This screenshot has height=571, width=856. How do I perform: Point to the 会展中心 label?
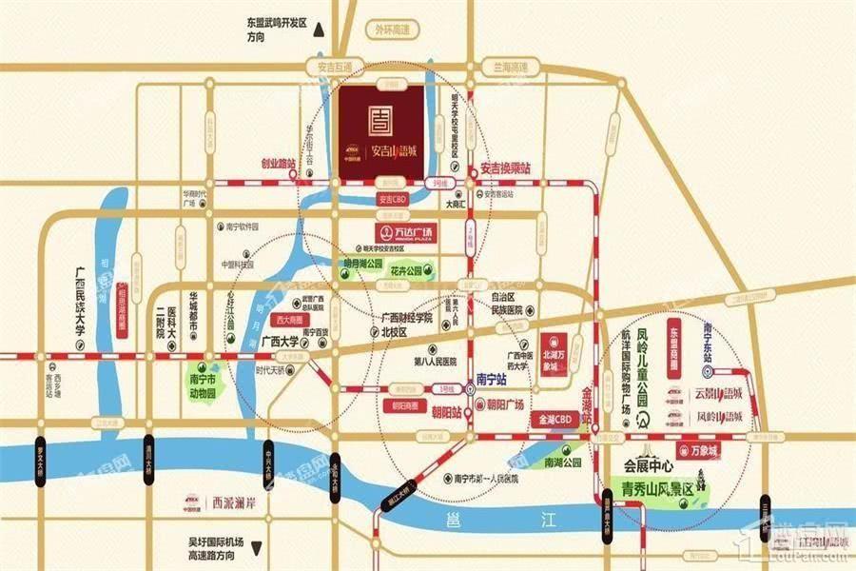click(649, 468)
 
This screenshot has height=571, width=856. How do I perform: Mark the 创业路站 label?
click(279, 164)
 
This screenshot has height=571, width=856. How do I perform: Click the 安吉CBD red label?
click(393, 200)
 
